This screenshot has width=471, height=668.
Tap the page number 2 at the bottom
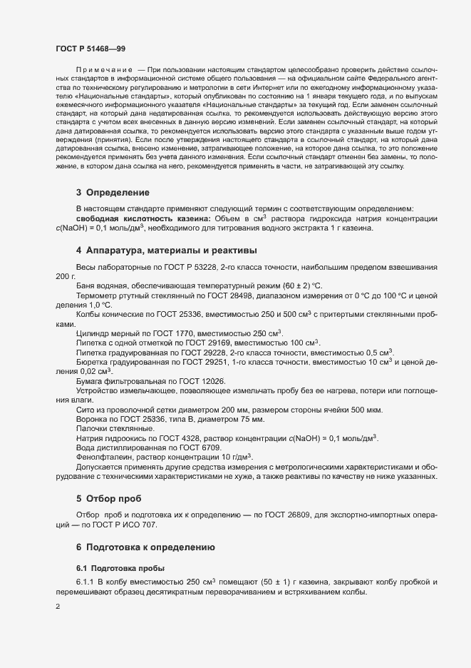[x=58, y=607]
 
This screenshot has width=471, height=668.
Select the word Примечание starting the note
[x=104, y=88]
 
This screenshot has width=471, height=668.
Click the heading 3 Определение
[x=113, y=192]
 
